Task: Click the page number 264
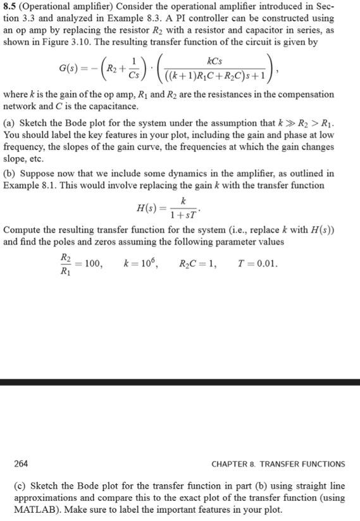pyautogui.click(x=21, y=463)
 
